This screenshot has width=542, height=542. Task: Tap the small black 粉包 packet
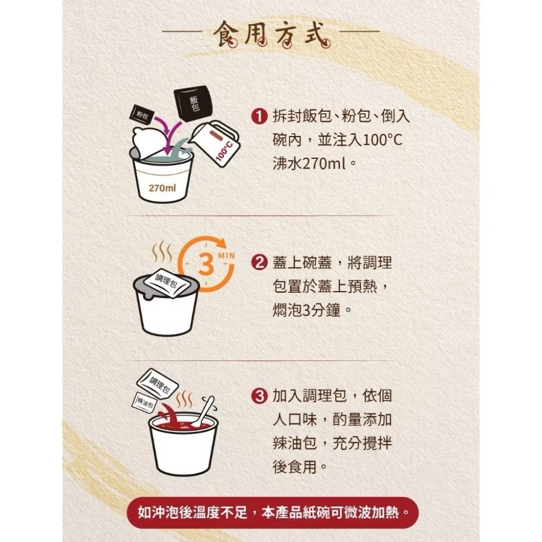143,115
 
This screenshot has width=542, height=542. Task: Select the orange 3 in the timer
205,265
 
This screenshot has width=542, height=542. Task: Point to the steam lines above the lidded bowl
162,251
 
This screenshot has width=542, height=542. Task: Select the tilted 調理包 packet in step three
158,383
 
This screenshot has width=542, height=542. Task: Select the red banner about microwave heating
271,512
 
